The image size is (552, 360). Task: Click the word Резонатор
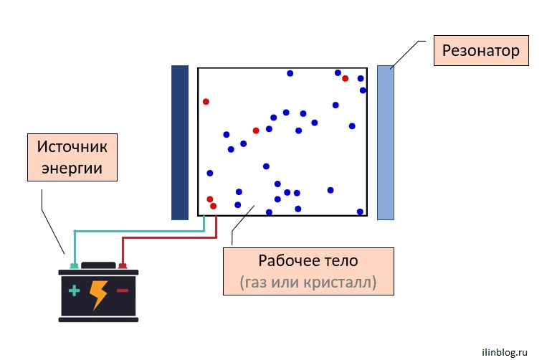(480, 50)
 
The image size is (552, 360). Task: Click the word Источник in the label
(72, 146)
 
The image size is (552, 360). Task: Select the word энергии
(72, 169)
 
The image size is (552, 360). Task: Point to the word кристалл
(337, 282)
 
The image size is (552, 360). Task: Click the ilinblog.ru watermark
(505, 352)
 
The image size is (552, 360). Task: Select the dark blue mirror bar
(180, 142)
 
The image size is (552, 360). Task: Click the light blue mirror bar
(386, 142)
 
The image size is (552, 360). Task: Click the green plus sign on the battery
(75, 290)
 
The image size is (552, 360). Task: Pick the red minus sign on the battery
(123, 290)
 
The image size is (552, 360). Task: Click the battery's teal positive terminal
(75, 266)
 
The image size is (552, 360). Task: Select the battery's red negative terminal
(123, 266)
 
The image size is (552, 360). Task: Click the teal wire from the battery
(139, 231)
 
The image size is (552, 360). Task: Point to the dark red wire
(169, 238)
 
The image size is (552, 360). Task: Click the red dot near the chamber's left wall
(206, 102)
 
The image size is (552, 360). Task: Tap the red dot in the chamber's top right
(345, 79)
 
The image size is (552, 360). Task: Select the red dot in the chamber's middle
(256, 131)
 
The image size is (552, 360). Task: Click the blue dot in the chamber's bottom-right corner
(360, 212)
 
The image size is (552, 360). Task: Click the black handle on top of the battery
(98, 265)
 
